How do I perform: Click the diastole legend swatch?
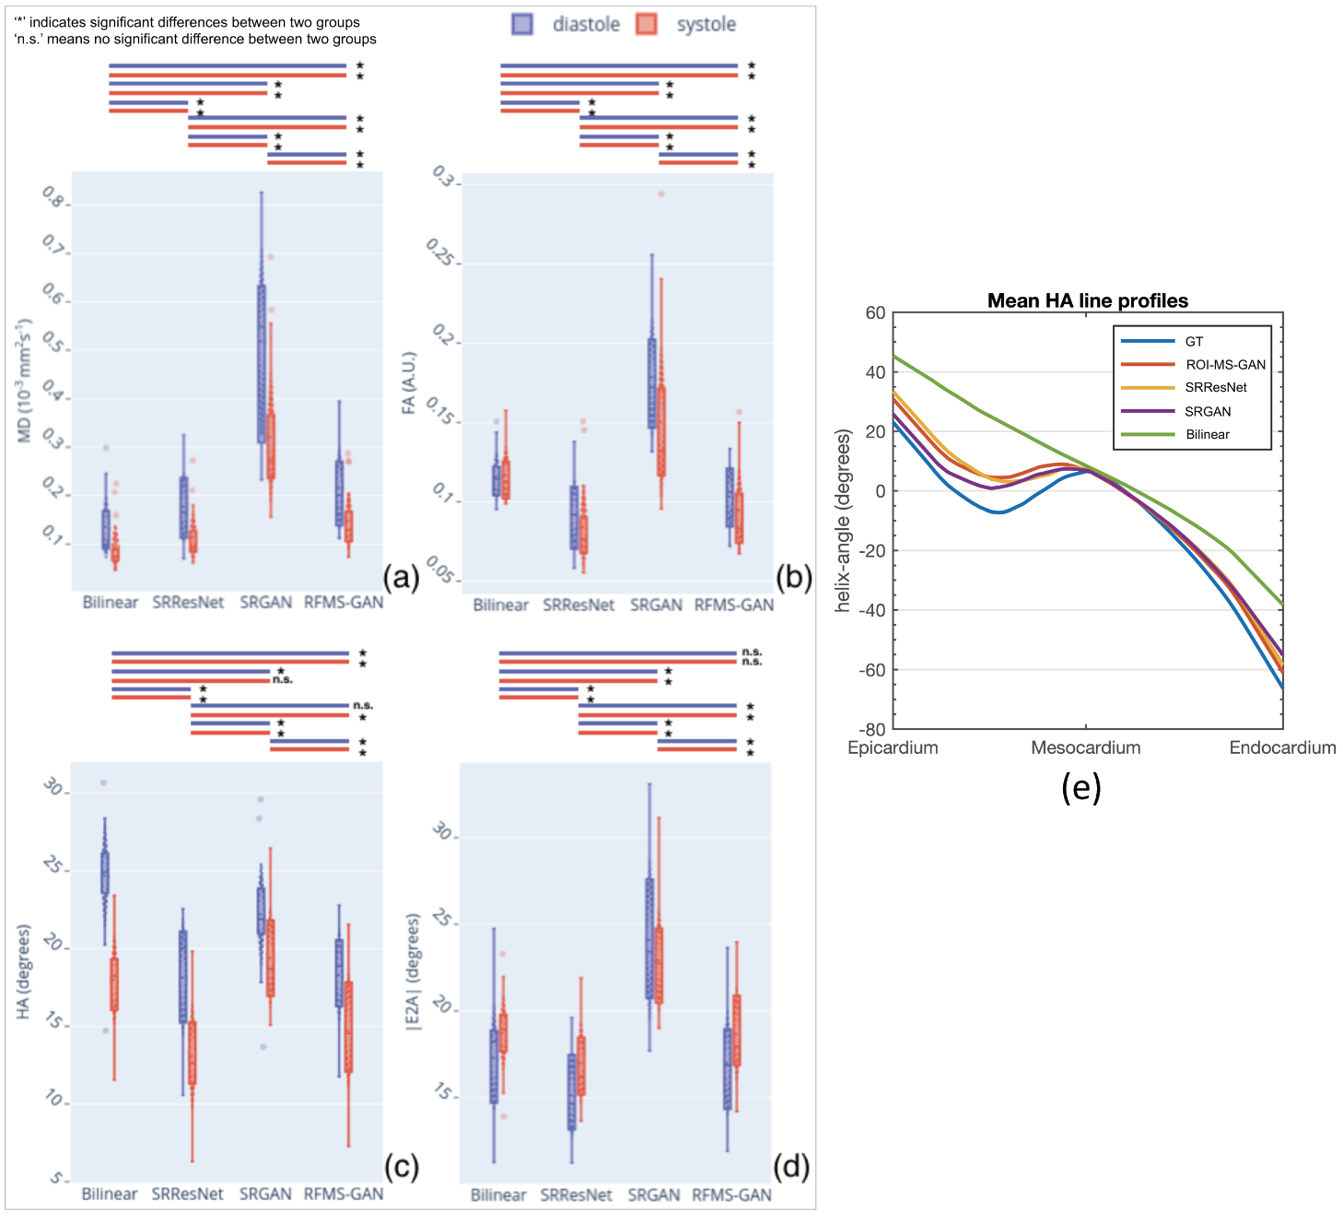click(x=522, y=25)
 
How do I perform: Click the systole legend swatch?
click(x=647, y=25)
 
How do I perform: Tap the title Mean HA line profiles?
click(x=1087, y=300)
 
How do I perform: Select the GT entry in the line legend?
click(x=1194, y=341)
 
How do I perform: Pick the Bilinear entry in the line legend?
click(x=1207, y=434)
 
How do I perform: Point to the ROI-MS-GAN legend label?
click(x=1225, y=365)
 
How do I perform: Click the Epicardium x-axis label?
click(x=893, y=747)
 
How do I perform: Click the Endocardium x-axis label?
click(x=1282, y=747)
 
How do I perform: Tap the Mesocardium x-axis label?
click(x=1085, y=747)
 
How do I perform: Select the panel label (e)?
click(x=1080, y=788)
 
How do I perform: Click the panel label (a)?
click(x=401, y=578)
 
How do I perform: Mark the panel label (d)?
click(x=791, y=1168)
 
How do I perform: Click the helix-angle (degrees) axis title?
click(x=842, y=521)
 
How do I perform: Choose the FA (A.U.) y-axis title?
click(x=409, y=382)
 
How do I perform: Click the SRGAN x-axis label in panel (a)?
click(x=265, y=603)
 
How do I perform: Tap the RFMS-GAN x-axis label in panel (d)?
click(x=732, y=1194)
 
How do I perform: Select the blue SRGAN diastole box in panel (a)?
click(x=262, y=364)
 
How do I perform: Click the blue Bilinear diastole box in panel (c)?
click(x=105, y=872)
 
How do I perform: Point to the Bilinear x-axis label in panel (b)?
click(x=500, y=605)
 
